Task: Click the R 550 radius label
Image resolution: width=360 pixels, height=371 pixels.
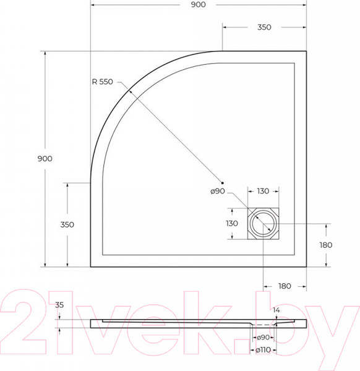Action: point(102,80)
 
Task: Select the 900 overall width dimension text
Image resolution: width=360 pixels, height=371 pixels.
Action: point(199,5)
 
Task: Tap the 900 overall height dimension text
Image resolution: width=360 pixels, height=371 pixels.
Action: point(45,158)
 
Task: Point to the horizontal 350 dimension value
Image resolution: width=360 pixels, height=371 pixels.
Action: point(264,27)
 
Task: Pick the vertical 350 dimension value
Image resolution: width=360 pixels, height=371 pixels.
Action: point(67,224)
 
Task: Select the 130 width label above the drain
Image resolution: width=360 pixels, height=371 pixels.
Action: point(264,192)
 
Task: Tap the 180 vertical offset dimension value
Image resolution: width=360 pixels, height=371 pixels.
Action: point(325,245)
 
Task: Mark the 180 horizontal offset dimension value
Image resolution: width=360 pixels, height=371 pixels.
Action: point(285,286)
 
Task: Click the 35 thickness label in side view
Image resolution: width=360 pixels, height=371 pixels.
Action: point(59,305)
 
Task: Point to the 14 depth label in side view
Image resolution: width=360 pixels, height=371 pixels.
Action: point(276,309)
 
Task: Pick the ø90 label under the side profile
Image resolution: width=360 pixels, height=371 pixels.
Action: point(264,338)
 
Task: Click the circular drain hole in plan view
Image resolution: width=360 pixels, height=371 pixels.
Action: point(264,223)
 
